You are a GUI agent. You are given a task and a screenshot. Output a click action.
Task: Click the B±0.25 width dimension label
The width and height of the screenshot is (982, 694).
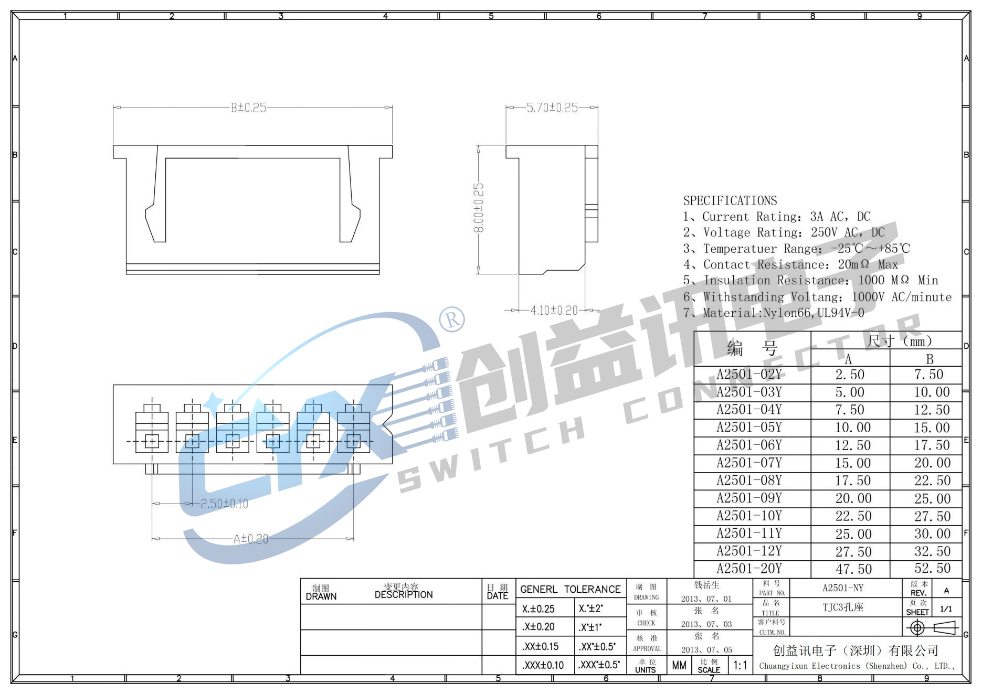tap(248, 108)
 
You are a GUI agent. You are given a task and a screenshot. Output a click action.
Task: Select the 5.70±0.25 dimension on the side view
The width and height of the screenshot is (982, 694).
tap(552, 108)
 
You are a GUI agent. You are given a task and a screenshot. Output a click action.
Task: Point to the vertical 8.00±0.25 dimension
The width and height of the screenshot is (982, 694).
tap(479, 208)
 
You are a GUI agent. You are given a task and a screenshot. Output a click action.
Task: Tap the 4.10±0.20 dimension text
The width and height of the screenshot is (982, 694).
tap(554, 311)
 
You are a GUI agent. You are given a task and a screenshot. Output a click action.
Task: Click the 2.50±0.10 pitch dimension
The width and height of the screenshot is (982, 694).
tap(224, 504)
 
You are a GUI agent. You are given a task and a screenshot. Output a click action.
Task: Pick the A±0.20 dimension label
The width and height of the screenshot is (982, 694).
tap(251, 539)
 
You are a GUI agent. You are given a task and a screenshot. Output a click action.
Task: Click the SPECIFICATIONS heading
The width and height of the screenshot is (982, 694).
tap(730, 200)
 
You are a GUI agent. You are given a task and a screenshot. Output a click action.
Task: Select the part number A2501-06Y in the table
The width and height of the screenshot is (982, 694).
tap(749, 445)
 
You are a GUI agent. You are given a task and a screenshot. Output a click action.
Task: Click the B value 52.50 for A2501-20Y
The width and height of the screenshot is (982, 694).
tap(932, 569)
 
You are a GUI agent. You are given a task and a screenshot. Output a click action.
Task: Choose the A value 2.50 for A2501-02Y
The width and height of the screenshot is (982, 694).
tap(850, 375)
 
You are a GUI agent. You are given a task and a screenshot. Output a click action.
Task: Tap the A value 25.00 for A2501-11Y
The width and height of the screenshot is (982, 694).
tap(853, 534)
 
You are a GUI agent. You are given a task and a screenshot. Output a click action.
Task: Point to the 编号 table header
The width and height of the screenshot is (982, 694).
tap(752, 348)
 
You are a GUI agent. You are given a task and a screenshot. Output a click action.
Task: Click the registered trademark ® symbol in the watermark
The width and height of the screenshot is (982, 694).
tap(452, 319)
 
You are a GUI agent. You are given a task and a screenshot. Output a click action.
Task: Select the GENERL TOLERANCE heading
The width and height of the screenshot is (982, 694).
tap(570, 590)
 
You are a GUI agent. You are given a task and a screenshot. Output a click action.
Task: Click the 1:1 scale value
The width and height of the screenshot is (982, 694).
tap(740, 666)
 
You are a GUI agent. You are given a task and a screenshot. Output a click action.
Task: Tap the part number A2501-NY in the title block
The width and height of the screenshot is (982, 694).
tap(842, 588)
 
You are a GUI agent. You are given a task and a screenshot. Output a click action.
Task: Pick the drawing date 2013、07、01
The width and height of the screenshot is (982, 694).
tap(706, 599)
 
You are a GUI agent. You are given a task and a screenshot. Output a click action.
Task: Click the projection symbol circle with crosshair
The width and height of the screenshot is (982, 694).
tap(917, 627)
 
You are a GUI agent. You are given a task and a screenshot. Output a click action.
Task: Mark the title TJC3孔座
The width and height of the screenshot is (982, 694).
tap(842, 607)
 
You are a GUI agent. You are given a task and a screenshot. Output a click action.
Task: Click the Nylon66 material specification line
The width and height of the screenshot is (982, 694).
tap(773, 313)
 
